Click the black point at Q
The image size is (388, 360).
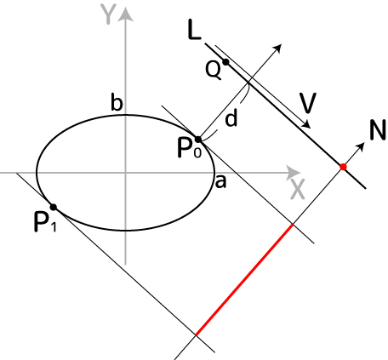tap(225, 62)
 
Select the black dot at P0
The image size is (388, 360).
tap(198, 140)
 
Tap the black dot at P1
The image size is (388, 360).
tap(53, 207)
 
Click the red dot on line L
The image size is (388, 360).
tap(343, 167)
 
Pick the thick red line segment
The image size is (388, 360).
tap(244, 280)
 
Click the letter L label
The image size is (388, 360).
tap(194, 30)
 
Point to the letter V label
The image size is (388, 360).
tap(308, 103)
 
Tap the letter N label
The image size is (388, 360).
tap(378, 129)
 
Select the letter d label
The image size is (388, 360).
tap(231, 117)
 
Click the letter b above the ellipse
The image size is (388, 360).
tap(117, 102)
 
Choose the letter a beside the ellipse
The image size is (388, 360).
tap(220, 181)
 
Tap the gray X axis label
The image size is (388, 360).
tap(298, 189)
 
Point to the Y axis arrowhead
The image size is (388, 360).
tap(125, 14)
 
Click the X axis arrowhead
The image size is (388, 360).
tap(293, 173)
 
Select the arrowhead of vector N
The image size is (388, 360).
tap(360, 146)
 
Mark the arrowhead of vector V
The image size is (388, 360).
tap(307, 124)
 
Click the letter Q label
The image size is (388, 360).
tap(214, 71)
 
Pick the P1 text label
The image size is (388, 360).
tap(45, 222)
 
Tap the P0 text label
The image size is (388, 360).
tap(190, 148)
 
